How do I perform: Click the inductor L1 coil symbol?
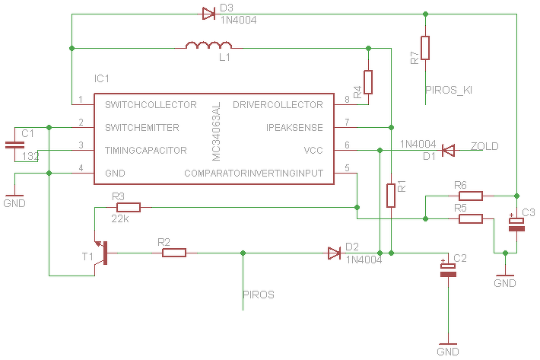[208, 45]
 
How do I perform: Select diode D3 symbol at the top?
[208, 14]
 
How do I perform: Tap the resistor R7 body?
[425, 48]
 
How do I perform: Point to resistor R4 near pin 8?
[368, 82]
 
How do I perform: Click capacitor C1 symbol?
[14, 145]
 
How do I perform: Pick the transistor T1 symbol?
[102, 253]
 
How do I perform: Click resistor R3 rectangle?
[129, 207]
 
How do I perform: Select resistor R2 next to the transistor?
[174, 253]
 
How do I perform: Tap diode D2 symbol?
[335, 253]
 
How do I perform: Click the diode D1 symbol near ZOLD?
[448, 150]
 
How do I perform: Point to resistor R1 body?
[390, 196]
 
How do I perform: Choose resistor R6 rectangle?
[471, 196]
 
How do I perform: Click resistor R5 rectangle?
[471, 218]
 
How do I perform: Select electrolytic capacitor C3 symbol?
[516, 225]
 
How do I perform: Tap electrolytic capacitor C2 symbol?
[448, 270]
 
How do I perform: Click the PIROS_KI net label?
[449, 91]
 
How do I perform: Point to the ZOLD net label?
[484, 146]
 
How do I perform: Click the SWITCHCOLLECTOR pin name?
[151, 105]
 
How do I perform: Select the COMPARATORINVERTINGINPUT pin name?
[254, 173]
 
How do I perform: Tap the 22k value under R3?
[120, 218]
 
